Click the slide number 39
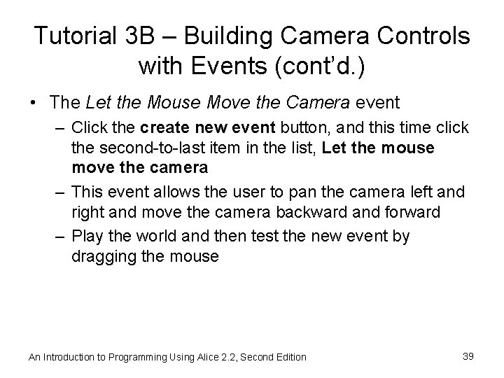pos(469,356)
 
